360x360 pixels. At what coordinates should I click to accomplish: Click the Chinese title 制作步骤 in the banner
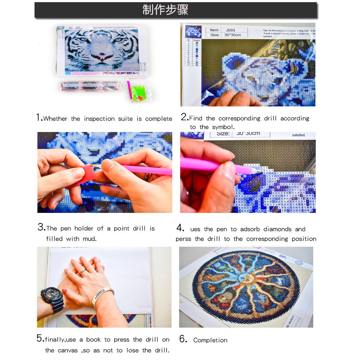[165, 10]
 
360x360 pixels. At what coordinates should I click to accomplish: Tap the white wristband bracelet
[102, 296]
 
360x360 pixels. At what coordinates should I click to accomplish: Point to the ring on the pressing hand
[83, 272]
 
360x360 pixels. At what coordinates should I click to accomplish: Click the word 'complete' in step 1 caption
[159, 119]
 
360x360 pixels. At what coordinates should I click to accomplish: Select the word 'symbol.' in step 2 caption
[223, 127]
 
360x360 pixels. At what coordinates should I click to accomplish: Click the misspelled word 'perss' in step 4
[183, 239]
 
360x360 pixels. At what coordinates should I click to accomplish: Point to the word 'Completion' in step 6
[210, 340]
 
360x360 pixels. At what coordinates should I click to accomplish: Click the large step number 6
[183, 339]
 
